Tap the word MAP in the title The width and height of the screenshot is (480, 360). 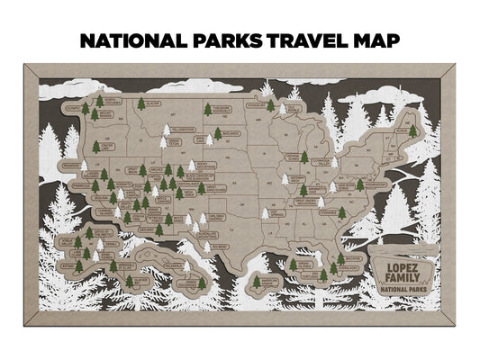pos(376,41)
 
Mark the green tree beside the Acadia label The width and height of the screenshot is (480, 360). pos(413,130)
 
